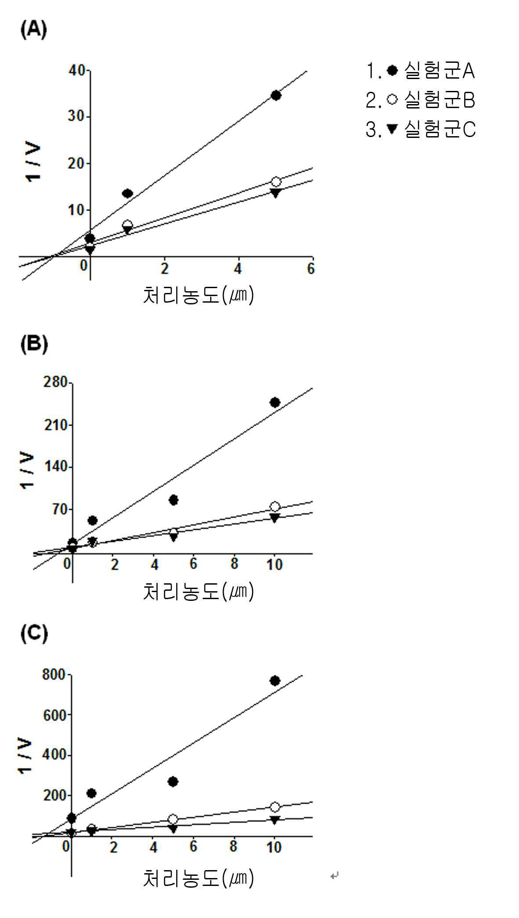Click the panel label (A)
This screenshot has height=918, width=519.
tap(33, 30)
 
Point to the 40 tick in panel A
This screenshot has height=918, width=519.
tap(77, 70)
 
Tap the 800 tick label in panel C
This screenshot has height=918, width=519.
tap(54, 674)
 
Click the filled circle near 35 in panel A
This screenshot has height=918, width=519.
tap(276, 95)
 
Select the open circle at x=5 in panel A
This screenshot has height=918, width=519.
tap(276, 181)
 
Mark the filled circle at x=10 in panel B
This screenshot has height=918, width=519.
tap(275, 402)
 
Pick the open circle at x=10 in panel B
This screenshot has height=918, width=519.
tap(275, 506)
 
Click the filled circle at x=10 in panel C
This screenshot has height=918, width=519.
tap(275, 681)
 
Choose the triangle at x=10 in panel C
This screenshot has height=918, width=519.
tap(275, 820)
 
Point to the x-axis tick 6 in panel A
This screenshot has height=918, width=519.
tap(311, 268)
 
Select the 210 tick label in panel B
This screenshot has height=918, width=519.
tap(56, 425)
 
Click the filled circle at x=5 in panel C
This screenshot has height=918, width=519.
tap(173, 781)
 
